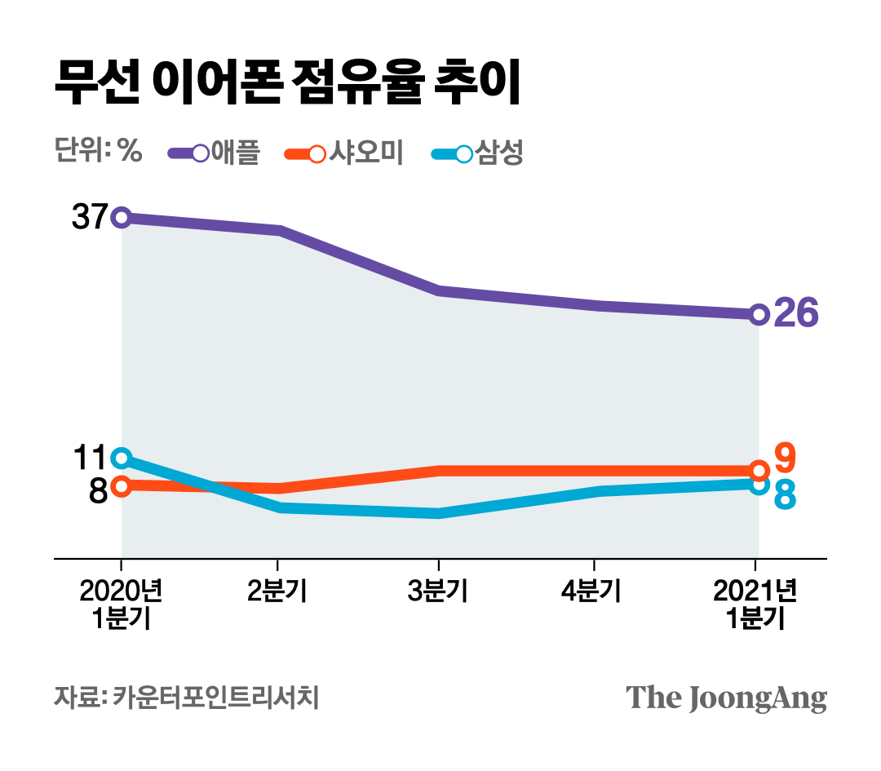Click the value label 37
click(89, 217)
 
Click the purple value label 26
click(795, 314)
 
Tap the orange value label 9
click(785, 459)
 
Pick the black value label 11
click(89, 458)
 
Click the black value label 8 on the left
click(98, 491)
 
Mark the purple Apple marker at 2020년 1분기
click(121, 217)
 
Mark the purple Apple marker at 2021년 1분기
click(759, 314)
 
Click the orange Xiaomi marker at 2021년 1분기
click(759, 470)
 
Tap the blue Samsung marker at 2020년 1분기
click(121, 457)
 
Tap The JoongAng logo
click(726, 698)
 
